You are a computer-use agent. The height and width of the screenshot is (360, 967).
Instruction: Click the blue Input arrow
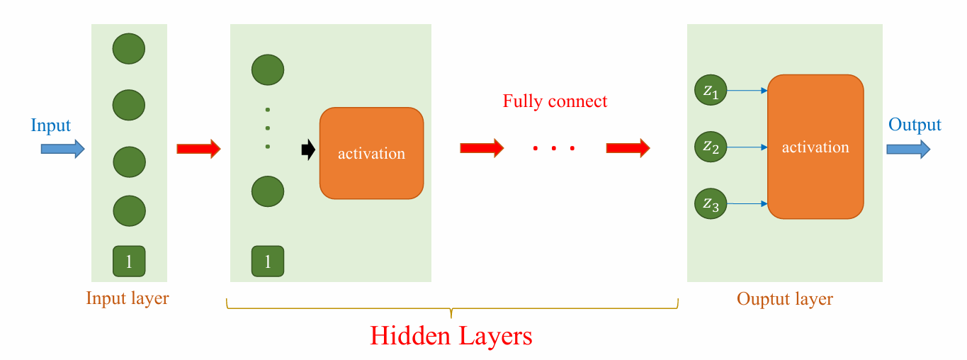click(x=62, y=148)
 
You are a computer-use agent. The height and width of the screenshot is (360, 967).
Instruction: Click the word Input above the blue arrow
click(x=50, y=126)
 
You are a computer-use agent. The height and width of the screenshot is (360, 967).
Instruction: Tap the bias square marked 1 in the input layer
click(x=129, y=261)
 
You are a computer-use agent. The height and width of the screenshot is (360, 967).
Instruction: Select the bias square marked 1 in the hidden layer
click(x=268, y=261)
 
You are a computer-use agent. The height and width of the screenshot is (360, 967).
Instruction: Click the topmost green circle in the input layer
click(x=129, y=49)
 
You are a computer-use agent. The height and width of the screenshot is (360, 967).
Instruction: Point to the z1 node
click(x=711, y=91)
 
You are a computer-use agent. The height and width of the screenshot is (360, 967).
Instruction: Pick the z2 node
click(x=711, y=147)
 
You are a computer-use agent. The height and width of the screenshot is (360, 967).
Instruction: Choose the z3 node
click(x=711, y=204)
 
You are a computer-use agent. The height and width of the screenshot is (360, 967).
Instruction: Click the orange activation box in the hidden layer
click(x=371, y=153)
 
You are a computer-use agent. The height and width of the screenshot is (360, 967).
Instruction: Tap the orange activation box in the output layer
click(x=815, y=147)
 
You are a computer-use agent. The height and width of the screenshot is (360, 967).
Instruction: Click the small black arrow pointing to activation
click(x=307, y=150)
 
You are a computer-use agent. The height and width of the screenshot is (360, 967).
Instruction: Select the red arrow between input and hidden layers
click(x=198, y=149)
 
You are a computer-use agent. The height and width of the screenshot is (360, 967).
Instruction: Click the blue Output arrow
click(x=908, y=148)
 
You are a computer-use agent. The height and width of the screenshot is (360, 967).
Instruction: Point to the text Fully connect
click(x=555, y=101)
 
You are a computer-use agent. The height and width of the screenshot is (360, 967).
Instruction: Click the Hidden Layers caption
click(x=451, y=335)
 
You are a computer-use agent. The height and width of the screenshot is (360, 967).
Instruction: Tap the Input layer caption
click(x=128, y=298)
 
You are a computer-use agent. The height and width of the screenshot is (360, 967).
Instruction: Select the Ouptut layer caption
click(x=784, y=299)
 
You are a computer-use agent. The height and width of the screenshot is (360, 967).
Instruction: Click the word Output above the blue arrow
click(x=915, y=125)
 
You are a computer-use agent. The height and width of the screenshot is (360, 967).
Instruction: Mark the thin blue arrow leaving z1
click(x=747, y=91)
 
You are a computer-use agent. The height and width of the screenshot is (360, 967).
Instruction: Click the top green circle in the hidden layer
click(x=268, y=69)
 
